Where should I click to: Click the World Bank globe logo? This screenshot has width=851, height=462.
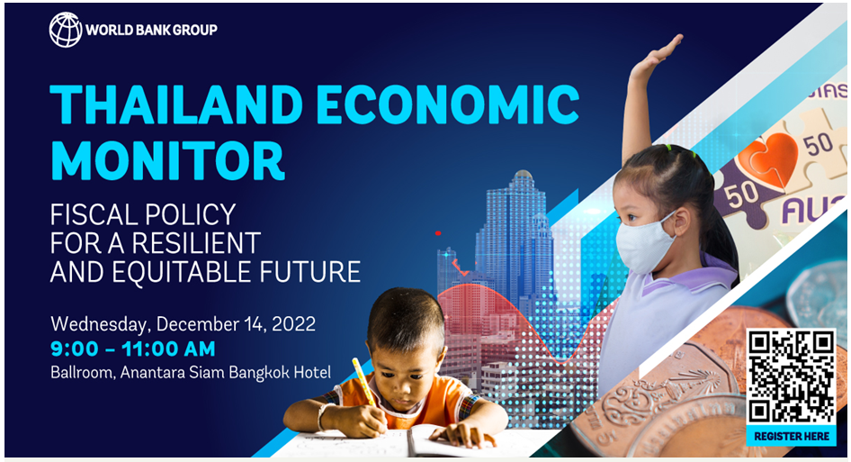[65, 30]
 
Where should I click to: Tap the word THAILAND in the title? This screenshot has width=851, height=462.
[175, 104]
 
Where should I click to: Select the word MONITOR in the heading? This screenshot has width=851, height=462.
[167, 160]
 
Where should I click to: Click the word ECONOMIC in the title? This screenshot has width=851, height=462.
[448, 104]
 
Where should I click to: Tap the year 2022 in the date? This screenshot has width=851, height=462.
[293, 324]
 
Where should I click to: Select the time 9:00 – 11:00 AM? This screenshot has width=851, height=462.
[133, 349]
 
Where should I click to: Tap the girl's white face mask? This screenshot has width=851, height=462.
[645, 242]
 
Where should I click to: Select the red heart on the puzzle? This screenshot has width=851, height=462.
[768, 157]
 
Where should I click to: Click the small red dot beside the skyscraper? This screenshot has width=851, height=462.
[438, 233]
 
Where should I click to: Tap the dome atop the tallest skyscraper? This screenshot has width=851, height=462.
[522, 175]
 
